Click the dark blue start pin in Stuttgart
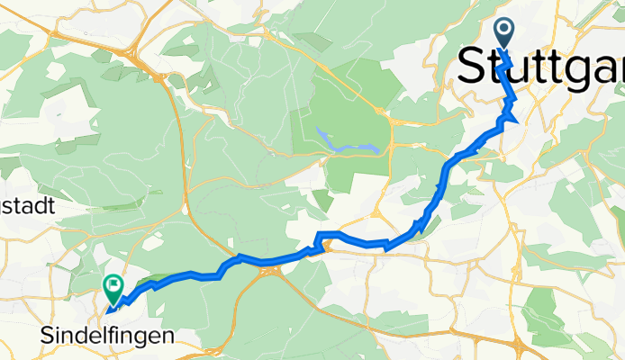click(503, 34)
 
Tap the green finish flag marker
click(113, 289)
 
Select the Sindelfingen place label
click(108, 336)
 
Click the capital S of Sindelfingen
click(49, 336)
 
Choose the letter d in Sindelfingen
click(82, 336)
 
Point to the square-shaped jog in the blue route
click(322, 239)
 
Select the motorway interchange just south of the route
click(271, 274)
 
